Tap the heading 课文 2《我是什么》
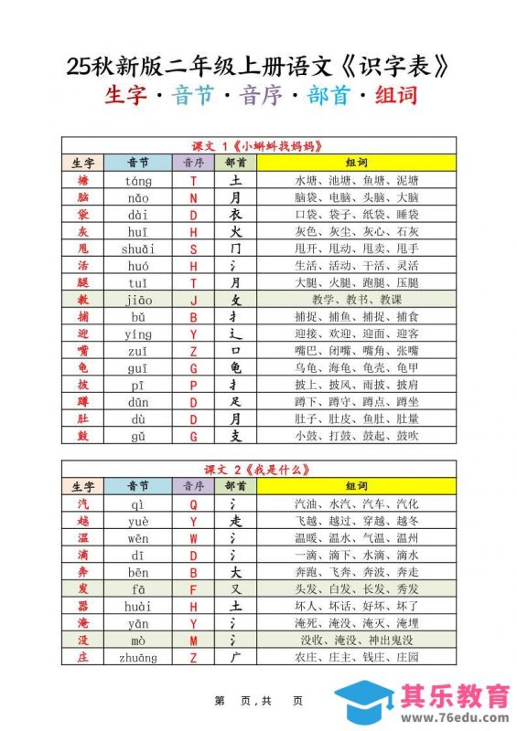pyautogui.click(x=257, y=470)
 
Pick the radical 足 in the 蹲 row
pyautogui.click(x=235, y=401)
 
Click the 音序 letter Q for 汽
pyautogui.click(x=193, y=504)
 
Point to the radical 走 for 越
pyautogui.click(x=235, y=521)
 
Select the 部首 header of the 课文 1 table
pyautogui.click(x=235, y=164)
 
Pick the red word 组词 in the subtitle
pyautogui.click(x=396, y=96)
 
